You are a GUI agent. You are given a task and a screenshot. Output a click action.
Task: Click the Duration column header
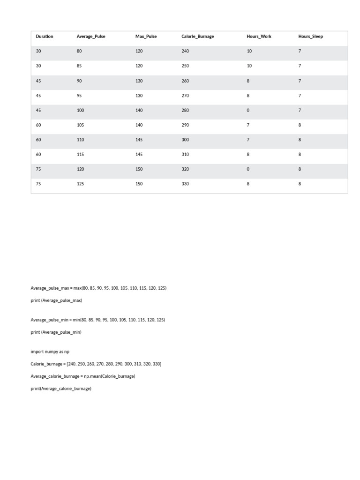[x=45, y=37]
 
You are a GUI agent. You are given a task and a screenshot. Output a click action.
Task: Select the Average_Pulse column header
[x=91, y=37]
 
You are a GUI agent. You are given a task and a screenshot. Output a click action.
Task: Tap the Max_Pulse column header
[x=146, y=37]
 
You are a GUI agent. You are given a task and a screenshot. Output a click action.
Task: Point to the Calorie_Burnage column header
[x=197, y=37]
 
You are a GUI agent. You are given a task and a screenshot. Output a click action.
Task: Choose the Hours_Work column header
[x=259, y=37]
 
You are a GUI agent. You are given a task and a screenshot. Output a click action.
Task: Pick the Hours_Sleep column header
[x=310, y=37]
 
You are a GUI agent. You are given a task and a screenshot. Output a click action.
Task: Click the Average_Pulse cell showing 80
[x=79, y=51]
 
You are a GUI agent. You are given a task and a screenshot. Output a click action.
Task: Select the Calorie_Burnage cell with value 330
[x=185, y=184]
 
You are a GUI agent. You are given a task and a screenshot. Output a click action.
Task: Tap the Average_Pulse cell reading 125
[x=80, y=184]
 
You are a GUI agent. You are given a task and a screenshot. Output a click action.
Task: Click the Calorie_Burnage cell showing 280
[x=185, y=111]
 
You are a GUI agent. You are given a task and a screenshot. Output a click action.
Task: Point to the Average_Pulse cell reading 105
[x=80, y=125]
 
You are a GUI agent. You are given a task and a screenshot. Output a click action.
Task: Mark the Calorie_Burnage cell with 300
[x=185, y=140]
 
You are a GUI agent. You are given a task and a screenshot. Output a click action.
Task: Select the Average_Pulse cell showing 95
[x=79, y=96]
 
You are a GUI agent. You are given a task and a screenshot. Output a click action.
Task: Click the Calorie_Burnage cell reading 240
[x=185, y=51]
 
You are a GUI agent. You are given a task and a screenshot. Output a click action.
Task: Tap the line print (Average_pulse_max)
[x=56, y=300]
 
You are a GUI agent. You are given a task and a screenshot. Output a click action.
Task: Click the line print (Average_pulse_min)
[x=56, y=332]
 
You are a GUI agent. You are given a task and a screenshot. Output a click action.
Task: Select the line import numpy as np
[x=50, y=352]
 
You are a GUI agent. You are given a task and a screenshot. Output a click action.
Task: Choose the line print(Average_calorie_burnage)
[x=61, y=389]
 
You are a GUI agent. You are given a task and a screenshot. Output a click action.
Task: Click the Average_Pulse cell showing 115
[x=80, y=155]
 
